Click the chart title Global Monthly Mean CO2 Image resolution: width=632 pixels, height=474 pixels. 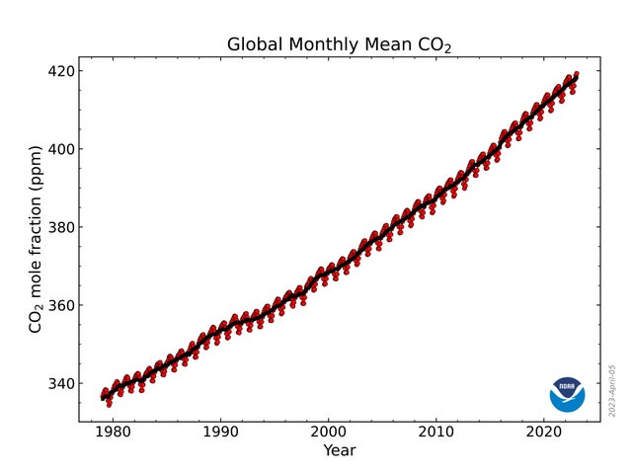[340, 44]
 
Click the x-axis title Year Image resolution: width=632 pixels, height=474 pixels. [339, 450]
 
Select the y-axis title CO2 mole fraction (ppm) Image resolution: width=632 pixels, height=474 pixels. [36, 239]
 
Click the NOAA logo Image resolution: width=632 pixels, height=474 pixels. [567, 394]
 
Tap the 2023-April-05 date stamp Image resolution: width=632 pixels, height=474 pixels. [612, 389]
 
